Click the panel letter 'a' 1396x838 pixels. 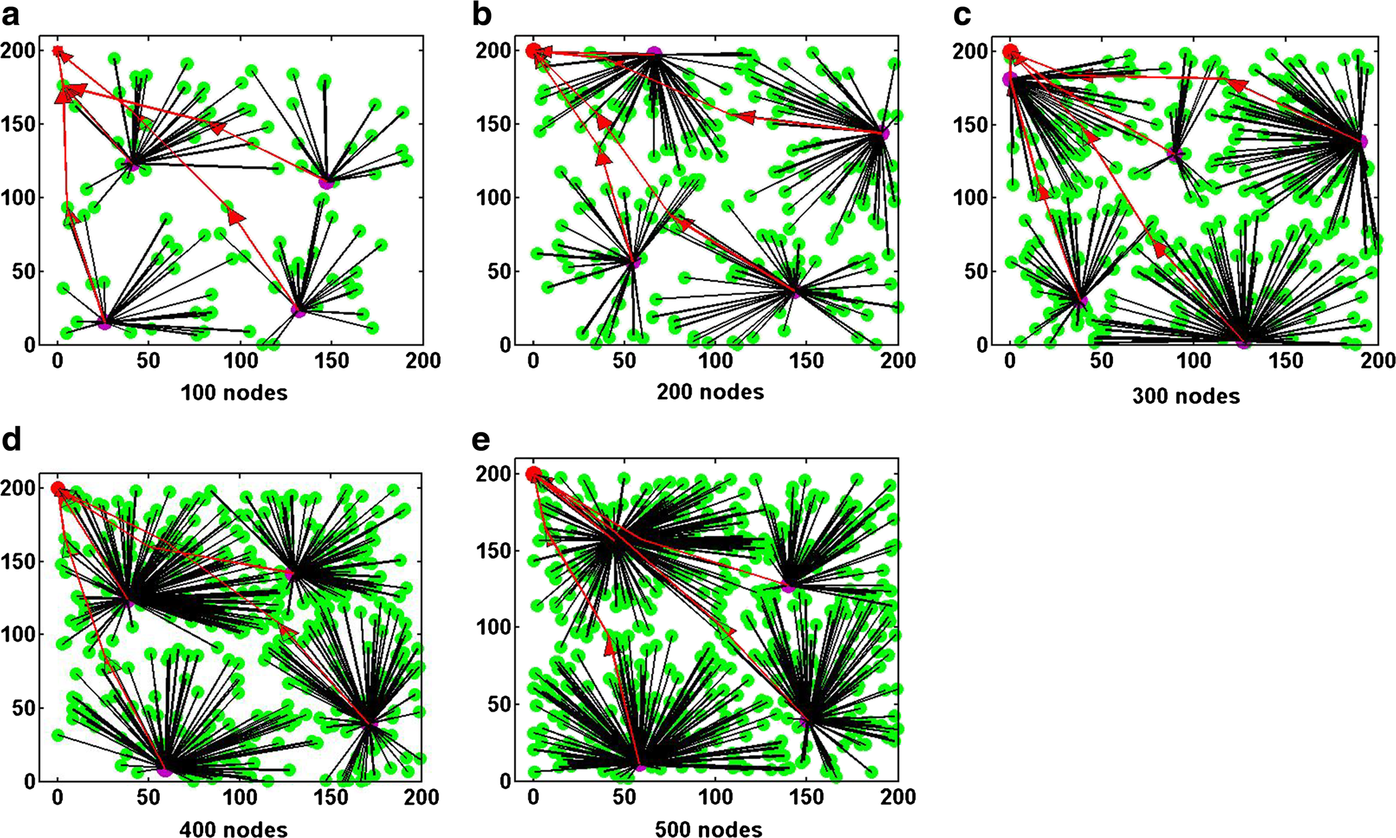coord(11,15)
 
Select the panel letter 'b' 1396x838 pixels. coord(481,15)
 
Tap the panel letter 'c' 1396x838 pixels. coord(961,15)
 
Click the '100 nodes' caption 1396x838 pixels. coord(234,393)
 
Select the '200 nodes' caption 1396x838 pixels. coord(710,391)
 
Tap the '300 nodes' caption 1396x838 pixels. coord(1186,396)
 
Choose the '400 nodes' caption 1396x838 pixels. coord(234,830)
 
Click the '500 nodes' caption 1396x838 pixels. coord(709,830)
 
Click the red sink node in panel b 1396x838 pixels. coord(534,50)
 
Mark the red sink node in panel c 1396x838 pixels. coord(1010,51)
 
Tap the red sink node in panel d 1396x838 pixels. coord(58,488)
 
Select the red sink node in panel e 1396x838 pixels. coord(534,473)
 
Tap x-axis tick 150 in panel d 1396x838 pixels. coord(330,797)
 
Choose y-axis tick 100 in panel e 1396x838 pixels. coord(500,627)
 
